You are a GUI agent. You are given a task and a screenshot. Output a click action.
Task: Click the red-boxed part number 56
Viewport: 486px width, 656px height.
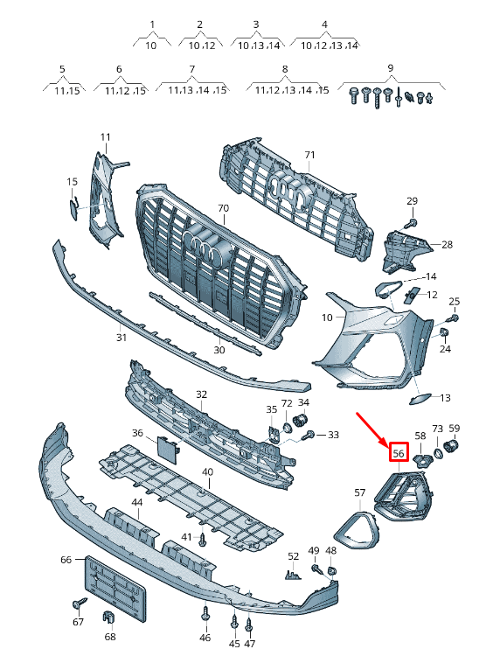pos(399,453)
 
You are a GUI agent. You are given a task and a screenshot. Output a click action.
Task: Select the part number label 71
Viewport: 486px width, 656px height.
pos(309,155)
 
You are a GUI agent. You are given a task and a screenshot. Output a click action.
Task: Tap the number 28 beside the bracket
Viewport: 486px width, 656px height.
pos(447,245)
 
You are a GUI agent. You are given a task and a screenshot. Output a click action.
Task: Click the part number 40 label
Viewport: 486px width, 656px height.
pos(207,472)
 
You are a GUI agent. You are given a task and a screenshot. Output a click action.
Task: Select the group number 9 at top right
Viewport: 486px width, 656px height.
pos(390,67)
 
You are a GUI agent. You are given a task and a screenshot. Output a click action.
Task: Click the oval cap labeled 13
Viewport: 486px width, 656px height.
pos(419,399)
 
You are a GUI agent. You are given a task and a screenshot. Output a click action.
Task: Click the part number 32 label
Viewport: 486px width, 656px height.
pos(201,394)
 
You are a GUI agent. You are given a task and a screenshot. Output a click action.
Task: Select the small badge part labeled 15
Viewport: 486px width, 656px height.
pos(73,206)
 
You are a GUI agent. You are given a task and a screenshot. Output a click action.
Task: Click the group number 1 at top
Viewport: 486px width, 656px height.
pos(151,24)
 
